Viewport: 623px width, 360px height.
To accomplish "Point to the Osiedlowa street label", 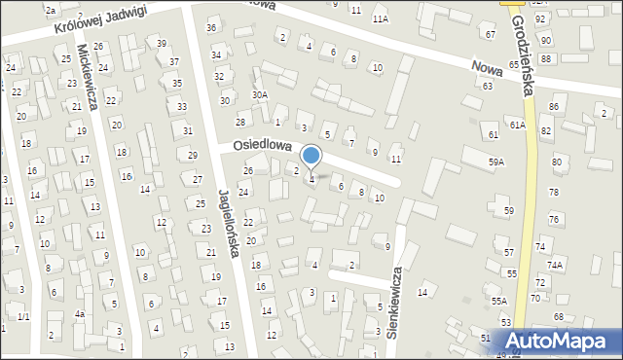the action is pos(263,144).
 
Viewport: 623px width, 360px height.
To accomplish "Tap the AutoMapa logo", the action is pos(556,342).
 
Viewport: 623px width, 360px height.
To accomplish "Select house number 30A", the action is pos(259,94).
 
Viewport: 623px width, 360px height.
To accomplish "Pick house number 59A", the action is pos(497,162).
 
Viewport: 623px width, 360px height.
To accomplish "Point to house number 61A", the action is pos(518,126).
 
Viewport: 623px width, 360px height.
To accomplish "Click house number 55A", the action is pos(498,303).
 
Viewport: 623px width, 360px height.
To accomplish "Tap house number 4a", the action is pos(80,314).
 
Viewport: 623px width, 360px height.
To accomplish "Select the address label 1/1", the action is pos(23,317).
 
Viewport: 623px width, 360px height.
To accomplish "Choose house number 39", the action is pos(162,43).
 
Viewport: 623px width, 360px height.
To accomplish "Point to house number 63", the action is pos(487,86).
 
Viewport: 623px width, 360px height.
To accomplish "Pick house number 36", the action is pos(211,27).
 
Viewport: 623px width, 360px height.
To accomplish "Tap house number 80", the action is pos(557,162).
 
